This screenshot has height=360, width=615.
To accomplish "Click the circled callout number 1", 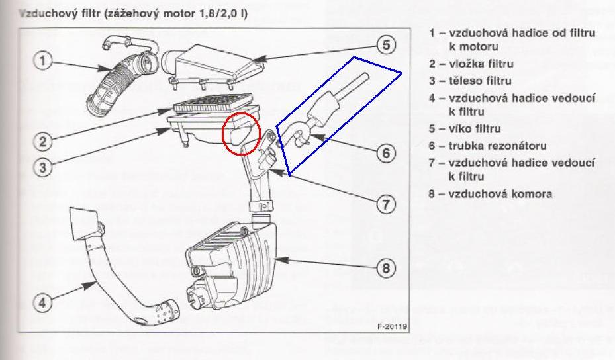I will coord(42,61).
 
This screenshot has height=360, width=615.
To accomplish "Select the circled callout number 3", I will coord(42,166).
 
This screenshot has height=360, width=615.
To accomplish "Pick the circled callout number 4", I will coord(42,303).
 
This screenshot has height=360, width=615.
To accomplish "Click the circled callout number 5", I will coord(386,45).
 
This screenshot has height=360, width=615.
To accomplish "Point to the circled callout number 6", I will coord(385,153).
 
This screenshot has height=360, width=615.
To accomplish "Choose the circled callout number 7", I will coord(385,204).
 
